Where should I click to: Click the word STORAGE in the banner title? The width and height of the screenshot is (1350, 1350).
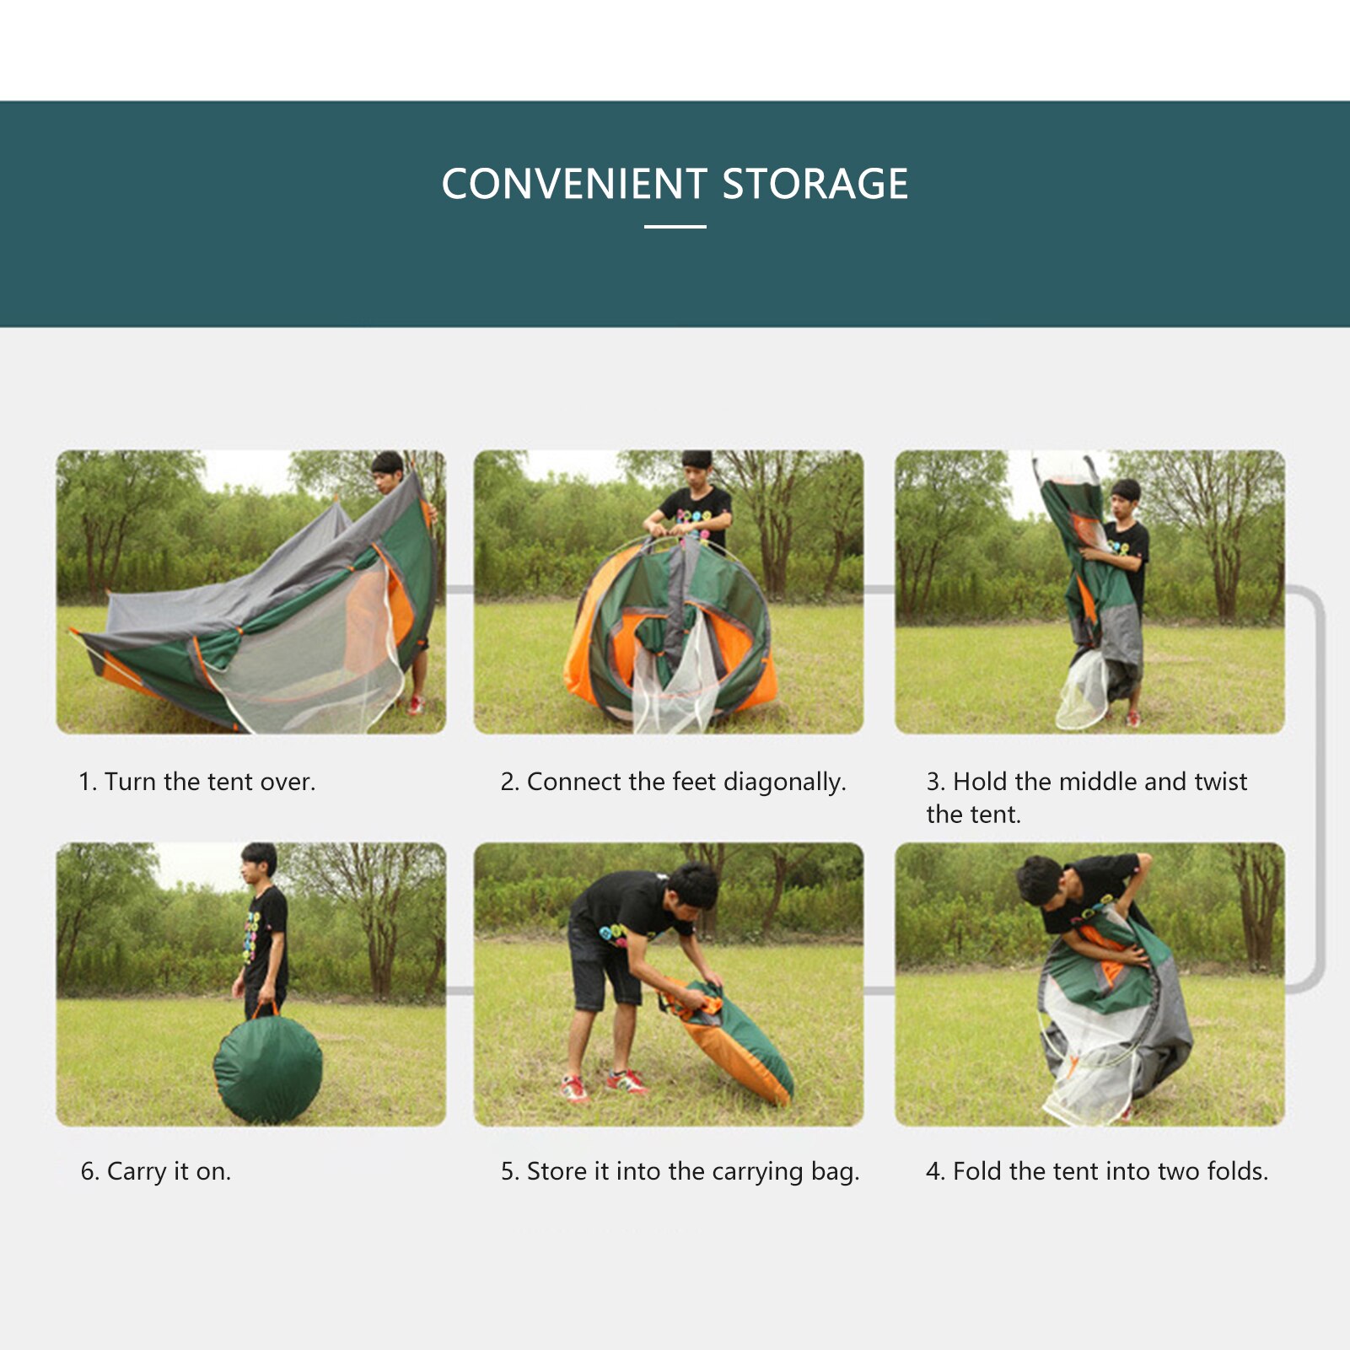click(x=815, y=184)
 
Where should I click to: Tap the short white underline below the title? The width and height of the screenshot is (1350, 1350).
click(x=675, y=227)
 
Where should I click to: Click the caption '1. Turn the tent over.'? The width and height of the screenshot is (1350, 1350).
click(x=196, y=782)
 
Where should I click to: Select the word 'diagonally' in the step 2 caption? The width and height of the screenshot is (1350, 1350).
click(x=783, y=782)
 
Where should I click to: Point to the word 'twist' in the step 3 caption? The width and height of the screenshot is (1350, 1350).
click(x=1220, y=782)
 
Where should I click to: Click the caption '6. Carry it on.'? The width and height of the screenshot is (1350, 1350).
click(x=156, y=1171)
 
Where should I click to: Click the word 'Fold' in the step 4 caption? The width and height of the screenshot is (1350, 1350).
click(x=978, y=1171)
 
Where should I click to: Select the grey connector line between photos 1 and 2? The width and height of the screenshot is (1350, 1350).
click(x=460, y=589)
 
